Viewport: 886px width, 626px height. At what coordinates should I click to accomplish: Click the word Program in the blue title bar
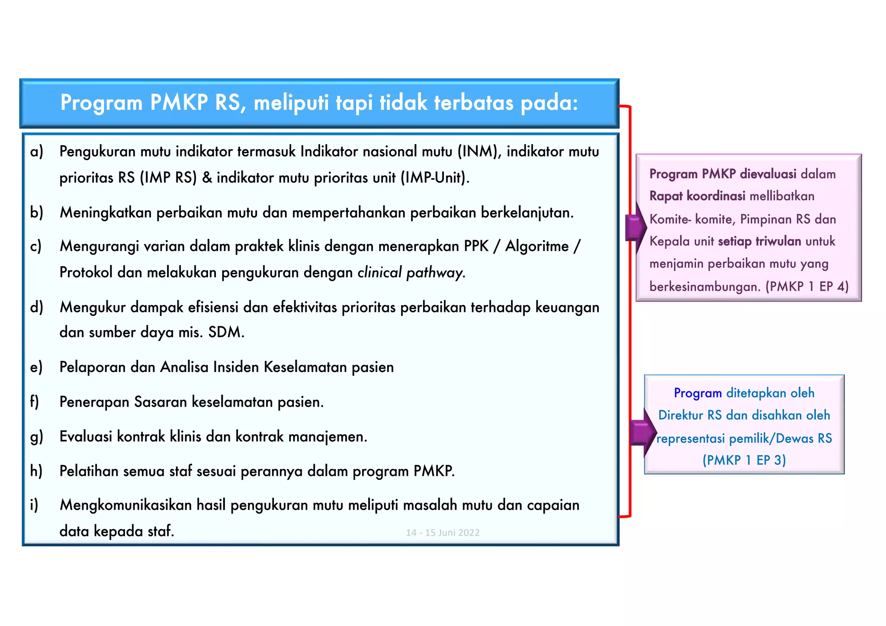tap(101, 103)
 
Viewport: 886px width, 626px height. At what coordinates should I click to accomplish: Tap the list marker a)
tap(37, 152)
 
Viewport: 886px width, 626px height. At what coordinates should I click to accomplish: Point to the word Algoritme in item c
tap(537, 246)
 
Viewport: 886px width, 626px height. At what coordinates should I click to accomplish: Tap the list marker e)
tap(36, 367)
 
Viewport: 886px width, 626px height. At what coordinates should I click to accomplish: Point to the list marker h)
tap(36, 471)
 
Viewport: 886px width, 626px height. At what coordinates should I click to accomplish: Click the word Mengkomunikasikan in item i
tap(125, 505)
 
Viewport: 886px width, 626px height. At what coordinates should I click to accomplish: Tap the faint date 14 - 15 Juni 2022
tap(443, 533)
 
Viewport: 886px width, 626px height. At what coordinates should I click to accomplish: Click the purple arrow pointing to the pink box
tap(635, 227)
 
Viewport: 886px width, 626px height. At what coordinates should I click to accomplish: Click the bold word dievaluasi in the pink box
tap(768, 174)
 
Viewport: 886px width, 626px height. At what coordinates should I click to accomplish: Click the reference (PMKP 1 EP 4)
tap(807, 286)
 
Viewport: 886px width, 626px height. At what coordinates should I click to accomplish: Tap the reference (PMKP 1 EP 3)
tap(744, 460)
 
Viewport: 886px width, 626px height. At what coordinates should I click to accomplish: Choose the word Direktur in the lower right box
tap(681, 415)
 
